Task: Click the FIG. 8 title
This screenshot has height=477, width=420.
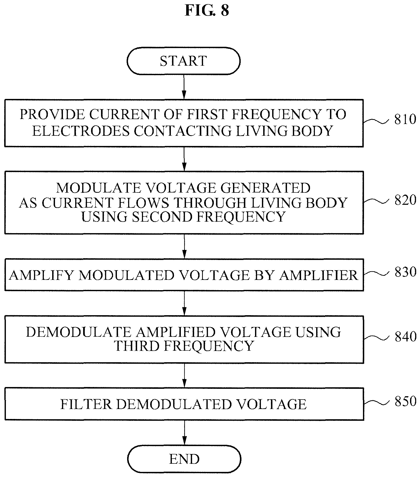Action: click(207, 10)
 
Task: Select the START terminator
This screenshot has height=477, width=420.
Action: click(184, 61)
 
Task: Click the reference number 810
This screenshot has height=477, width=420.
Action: click(405, 119)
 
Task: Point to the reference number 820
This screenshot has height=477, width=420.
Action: click(405, 200)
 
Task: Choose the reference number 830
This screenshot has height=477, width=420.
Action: click(405, 272)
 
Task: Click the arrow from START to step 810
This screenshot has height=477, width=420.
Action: click(184, 87)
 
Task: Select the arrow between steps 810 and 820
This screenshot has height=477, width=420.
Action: click(184, 159)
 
